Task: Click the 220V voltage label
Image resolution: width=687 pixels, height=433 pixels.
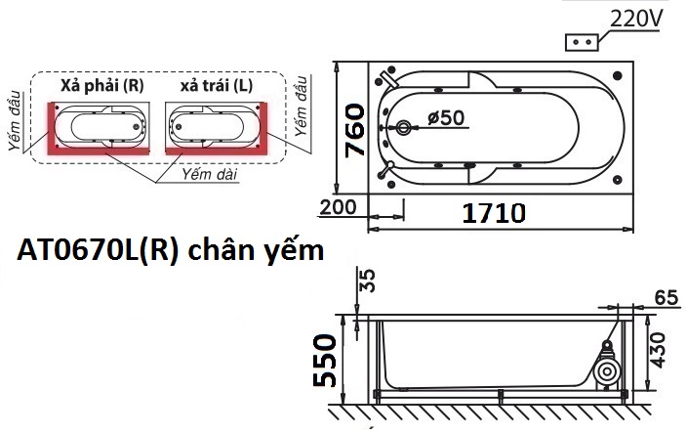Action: [635, 19]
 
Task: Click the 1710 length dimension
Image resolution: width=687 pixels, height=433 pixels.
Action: [495, 213]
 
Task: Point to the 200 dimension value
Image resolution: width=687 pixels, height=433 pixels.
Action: [336, 207]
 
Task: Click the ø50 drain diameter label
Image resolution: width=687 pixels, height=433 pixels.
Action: [446, 118]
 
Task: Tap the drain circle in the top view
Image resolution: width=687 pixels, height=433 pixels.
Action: [405, 128]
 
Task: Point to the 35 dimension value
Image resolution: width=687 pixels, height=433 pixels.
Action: [367, 281]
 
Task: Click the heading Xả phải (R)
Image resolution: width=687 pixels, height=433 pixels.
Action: [101, 86]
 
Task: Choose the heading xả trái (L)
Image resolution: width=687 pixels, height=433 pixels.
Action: [216, 86]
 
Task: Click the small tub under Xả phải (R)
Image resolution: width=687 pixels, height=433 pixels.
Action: [101, 127]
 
